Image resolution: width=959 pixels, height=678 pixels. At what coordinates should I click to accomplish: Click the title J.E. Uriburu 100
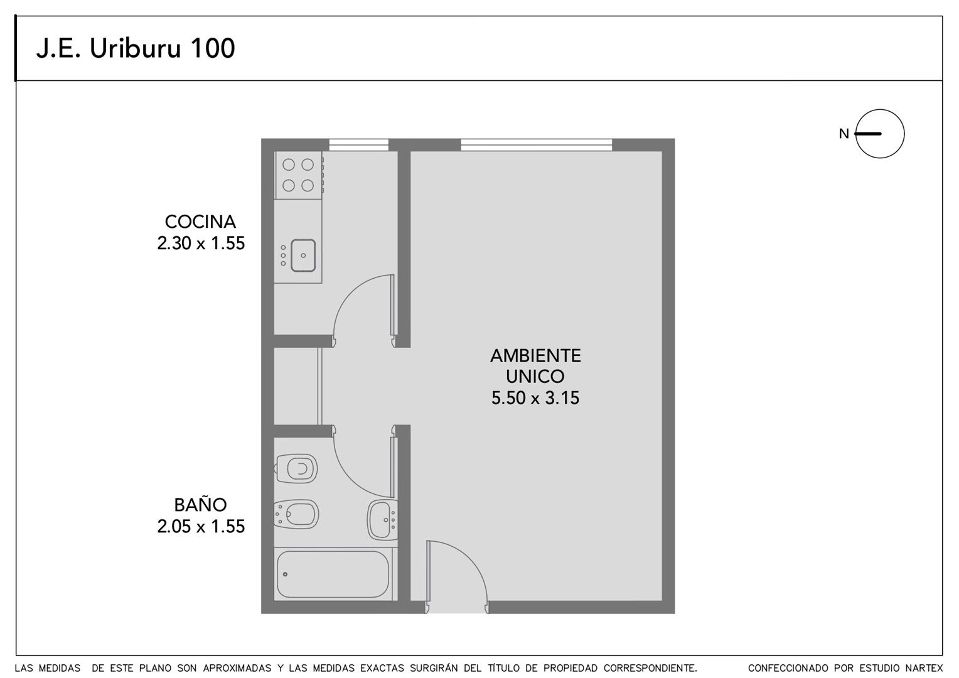pyautogui.click(x=136, y=48)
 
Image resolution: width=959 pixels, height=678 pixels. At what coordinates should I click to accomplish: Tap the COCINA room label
pyautogui.click(x=200, y=222)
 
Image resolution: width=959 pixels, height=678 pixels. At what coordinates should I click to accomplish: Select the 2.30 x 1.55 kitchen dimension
pyautogui.click(x=201, y=244)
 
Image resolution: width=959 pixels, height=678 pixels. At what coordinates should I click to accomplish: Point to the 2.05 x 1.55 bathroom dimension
pyautogui.click(x=201, y=526)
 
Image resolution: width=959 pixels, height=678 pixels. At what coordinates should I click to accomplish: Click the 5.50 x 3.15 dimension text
pyautogui.click(x=535, y=398)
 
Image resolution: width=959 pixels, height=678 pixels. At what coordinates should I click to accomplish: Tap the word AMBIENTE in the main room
pyautogui.click(x=535, y=355)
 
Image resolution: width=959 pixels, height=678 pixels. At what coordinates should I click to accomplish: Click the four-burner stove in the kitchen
pyautogui.click(x=298, y=175)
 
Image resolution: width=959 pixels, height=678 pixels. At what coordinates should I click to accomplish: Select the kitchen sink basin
pyautogui.click(x=303, y=256)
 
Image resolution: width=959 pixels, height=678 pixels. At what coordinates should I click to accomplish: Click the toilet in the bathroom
pyautogui.click(x=297, y=468)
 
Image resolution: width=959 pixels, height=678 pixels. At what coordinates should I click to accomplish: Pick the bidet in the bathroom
pyautogui.click(x=297, y=514)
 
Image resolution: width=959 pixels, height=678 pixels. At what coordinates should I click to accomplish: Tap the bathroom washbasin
pyautogui.click(x=382, y=520)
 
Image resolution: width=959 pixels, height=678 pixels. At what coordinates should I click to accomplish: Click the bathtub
pyautogui.click(x=333, y=574)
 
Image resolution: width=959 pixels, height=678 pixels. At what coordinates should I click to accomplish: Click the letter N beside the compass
pyautogui.click(x=844, y=134)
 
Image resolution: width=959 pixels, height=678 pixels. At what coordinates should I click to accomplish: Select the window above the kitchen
pyautogui.click(x=359, y=145)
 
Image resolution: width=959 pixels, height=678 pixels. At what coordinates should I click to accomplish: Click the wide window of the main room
pyautogui.click(x=537, y=145)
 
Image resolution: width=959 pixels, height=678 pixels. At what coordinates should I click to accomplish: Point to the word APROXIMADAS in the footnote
pyautogui.click(x=237, y=668)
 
